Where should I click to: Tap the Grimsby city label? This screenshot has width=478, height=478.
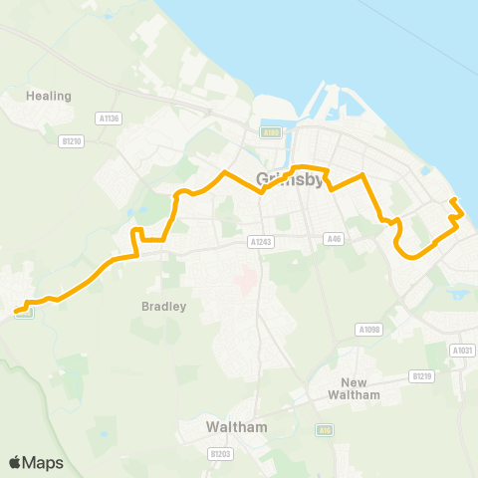click(x=290, y=180)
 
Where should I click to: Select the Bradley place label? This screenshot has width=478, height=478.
click(x=164, y=307)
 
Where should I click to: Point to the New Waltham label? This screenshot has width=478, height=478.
click(x=360, y=388)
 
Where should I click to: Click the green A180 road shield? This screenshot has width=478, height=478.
click(x=271, y=131)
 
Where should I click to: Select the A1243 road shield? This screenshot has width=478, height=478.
click(x=261, y=241)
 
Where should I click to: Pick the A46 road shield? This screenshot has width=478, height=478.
click(x=335, y=239)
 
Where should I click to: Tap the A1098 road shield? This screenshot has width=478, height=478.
click(x=368, y=329)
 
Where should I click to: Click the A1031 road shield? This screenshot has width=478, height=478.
click(x=461, y=350)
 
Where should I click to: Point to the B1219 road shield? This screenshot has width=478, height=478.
click(x=422, y=376)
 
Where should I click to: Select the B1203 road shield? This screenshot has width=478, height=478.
click(x=221, y=453)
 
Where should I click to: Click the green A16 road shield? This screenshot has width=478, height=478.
click(x=324, y=429)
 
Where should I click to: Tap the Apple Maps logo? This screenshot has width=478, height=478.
click(x=36, y=462)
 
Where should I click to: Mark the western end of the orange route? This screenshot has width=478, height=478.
click(x=16, y=313)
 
